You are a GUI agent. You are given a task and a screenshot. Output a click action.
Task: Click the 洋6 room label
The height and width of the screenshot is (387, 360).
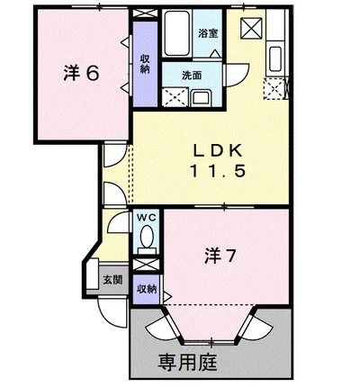pos(80,74)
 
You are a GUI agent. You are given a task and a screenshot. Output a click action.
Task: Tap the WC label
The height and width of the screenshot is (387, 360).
pos(146,218)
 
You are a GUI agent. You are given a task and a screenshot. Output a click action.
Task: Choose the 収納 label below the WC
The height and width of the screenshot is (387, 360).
pos(145,289)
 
